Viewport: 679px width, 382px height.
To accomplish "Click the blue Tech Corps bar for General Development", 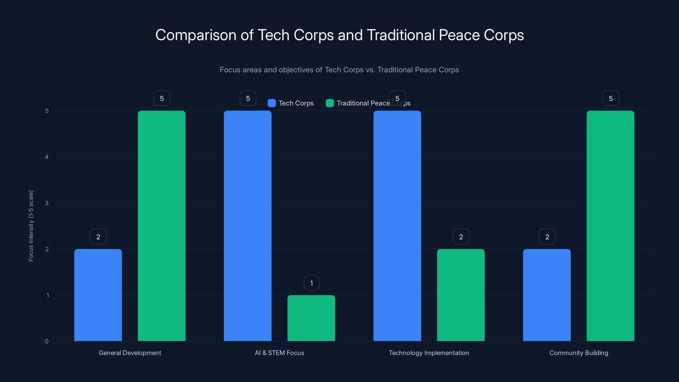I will point(98,295).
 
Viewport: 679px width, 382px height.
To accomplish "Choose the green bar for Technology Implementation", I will point(461,295).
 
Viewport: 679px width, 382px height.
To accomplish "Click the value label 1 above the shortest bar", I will point(311,283).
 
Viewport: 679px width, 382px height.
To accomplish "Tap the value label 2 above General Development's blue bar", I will point(98,237).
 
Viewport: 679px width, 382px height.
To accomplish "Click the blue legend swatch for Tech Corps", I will point(272,103).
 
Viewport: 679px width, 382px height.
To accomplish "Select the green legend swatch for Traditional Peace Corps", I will point(330,103).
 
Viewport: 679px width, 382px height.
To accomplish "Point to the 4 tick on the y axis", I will point(47,157).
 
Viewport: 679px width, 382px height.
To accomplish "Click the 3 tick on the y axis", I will point(47,203).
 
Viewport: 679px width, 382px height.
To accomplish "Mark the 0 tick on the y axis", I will point(47,341).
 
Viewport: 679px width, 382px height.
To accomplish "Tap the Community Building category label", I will point(579,353).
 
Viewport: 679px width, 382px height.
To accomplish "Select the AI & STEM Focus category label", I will point(279,353).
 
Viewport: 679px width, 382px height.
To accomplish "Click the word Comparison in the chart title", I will point(196,35).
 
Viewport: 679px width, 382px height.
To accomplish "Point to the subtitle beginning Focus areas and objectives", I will point(339,70).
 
